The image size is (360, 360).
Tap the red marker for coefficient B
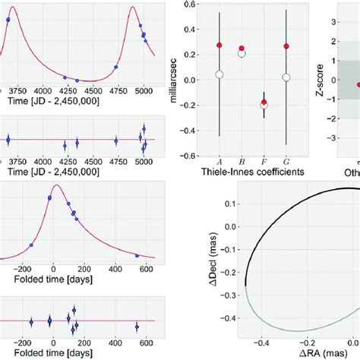[242, 48]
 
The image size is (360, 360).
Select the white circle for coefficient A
[219, 74]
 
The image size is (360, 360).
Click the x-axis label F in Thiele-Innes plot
[264, 160]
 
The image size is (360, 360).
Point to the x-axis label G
[286, 160]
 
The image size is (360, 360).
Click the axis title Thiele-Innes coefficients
[253, 172]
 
